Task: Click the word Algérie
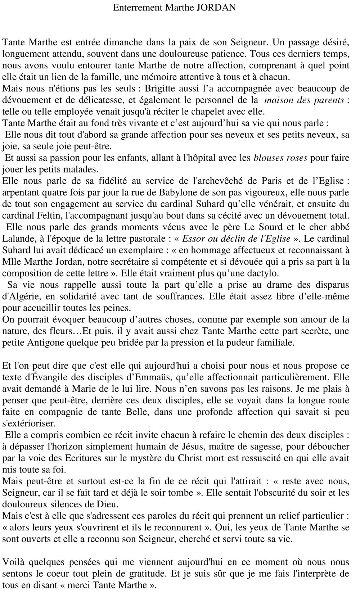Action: click(18, 296)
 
